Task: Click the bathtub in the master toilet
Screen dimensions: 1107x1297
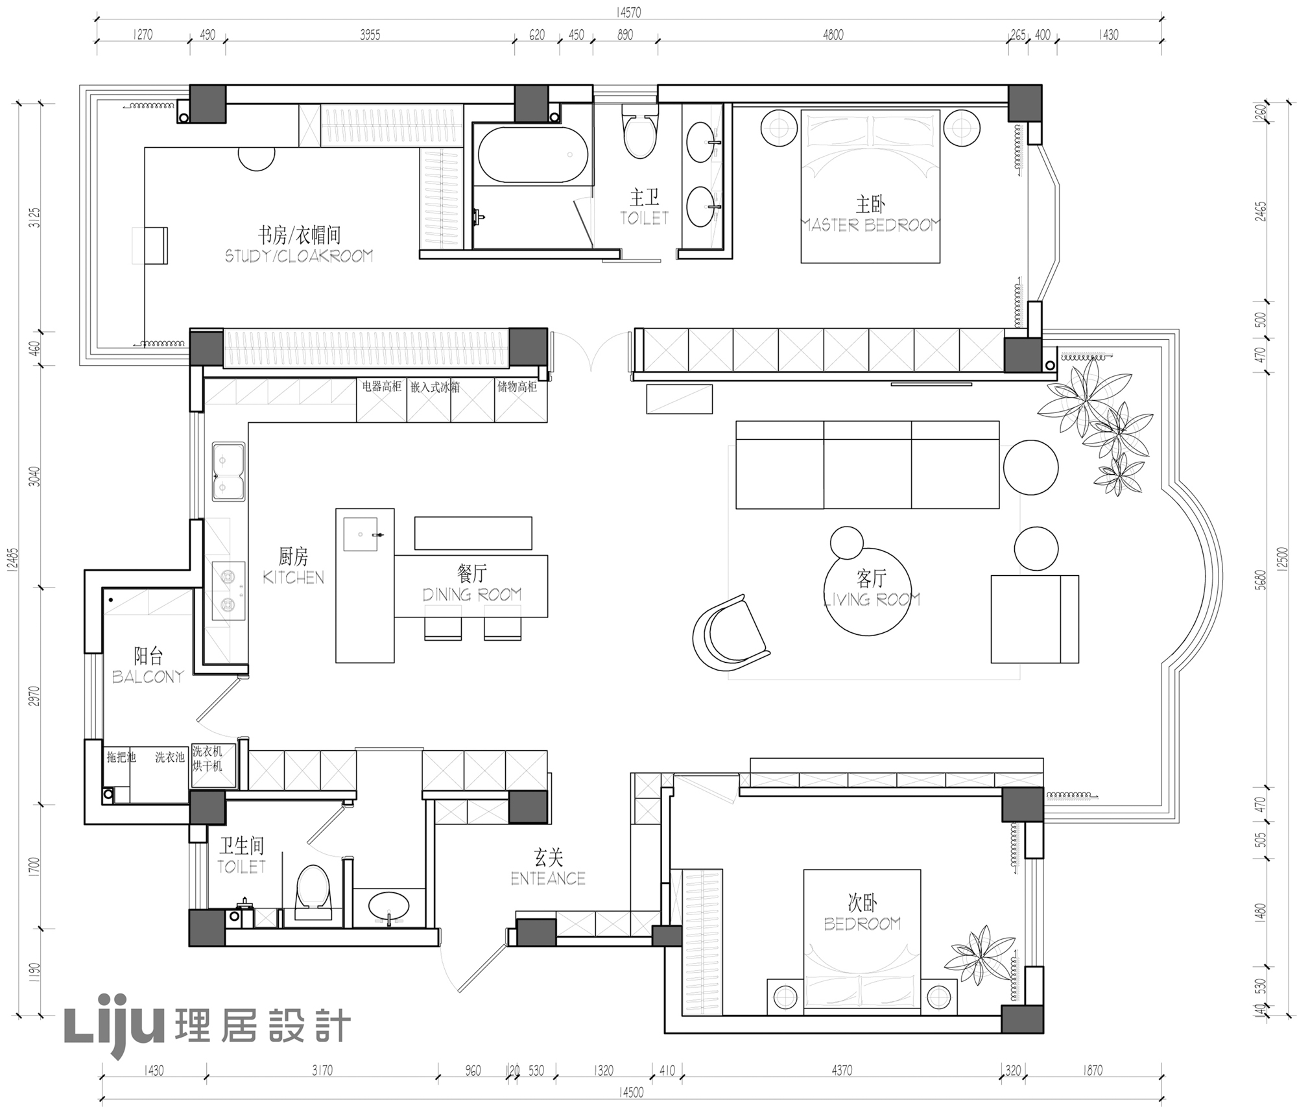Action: (x=532, y=155)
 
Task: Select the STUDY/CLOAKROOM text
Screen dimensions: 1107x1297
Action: (x=299, y=256)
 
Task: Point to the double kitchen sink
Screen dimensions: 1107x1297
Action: (x=228, y=471)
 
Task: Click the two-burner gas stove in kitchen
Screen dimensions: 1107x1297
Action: (x=228, y=590)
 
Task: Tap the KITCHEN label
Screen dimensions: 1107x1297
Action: (x=293, y=577)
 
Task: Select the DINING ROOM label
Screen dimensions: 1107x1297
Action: (x=471, y=594)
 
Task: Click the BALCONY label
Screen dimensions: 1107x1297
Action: (x=148, y=676)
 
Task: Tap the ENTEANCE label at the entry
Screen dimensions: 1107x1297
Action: (x=548, y=878)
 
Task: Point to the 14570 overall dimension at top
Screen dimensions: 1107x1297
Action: (x=628, y=12)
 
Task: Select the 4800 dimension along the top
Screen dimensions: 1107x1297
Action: (x=833, y=35)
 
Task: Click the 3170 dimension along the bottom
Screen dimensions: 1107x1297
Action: (x=322, y=1070)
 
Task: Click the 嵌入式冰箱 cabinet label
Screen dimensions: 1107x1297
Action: (x=435, y=387)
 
